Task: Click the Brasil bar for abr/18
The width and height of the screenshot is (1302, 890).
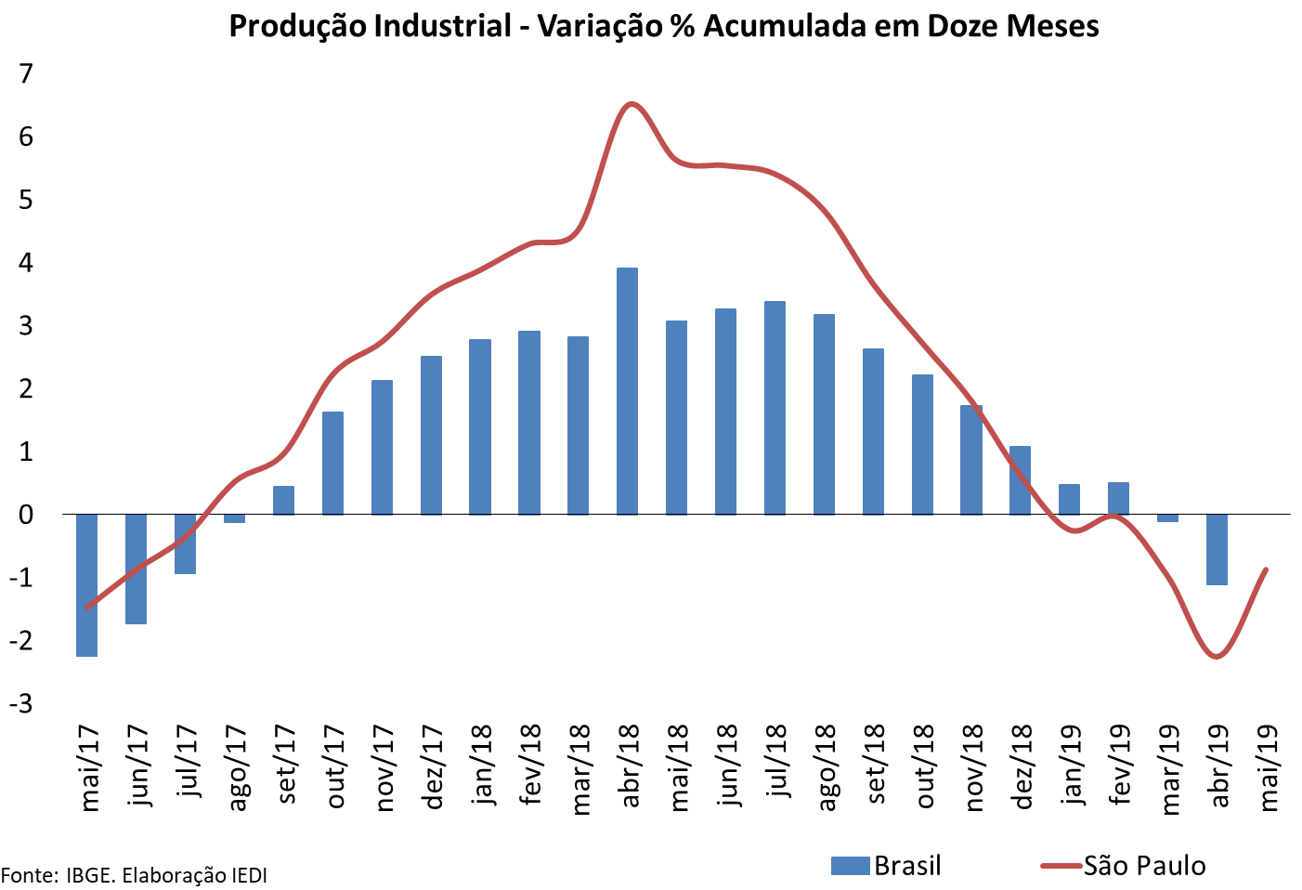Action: point(628,390)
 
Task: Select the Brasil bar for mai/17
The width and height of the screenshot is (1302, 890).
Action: point(87,584)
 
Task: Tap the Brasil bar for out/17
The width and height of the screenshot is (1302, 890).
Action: point(332,463)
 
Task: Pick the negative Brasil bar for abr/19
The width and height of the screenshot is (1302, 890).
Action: point(1217,549)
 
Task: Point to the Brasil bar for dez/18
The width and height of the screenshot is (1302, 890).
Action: point(1020,480)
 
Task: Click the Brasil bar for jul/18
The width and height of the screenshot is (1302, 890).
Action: point(775,407)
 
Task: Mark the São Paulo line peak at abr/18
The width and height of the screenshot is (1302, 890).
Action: point(631,103)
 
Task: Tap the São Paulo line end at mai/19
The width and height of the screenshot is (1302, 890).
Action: point(1267,569)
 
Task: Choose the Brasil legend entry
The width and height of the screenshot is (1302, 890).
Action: point(887,866)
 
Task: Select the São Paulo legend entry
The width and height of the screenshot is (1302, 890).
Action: point(1124,866)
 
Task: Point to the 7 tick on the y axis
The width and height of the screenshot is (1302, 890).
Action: point(26,73)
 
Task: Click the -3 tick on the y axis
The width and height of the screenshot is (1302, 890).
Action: point(20,703)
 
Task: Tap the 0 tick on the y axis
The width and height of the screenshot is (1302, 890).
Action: point(26,515)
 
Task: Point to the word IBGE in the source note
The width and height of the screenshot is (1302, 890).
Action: point(90,875)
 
